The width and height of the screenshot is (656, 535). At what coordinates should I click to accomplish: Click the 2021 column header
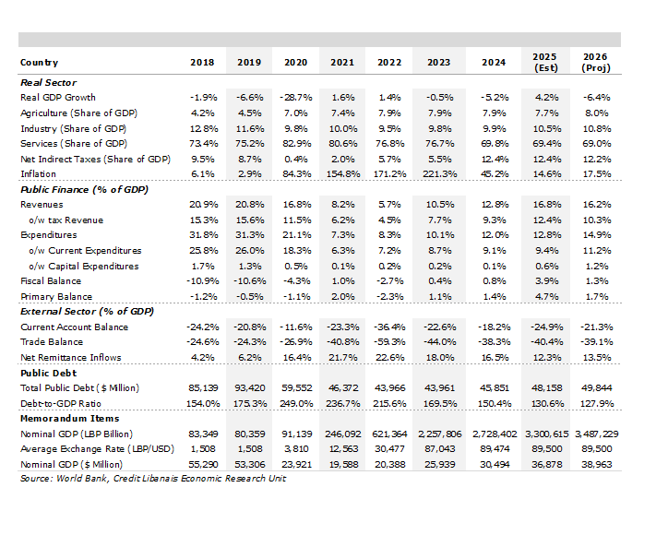(x=342, y=63)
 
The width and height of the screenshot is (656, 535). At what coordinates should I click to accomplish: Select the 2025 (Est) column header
(x=545, y=63)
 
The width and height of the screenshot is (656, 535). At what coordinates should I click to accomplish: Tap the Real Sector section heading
(x=49, y=82)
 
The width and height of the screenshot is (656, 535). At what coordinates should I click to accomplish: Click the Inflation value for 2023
(x=439, y=174)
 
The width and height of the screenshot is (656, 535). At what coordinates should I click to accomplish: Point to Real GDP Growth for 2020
(x=296, y=98)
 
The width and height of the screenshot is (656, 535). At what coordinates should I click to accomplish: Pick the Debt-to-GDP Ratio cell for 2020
(x=296, y=404)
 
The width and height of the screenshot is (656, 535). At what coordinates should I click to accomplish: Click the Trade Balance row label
(x=52, y=341)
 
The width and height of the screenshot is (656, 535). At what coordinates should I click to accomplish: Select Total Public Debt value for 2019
(x=249, y=388)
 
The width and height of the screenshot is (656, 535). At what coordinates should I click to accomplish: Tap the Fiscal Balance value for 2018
(x=202, y=281)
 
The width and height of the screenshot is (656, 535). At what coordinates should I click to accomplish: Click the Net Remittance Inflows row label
(x=71, y=358)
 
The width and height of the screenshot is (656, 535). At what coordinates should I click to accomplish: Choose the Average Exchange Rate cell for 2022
(x=389, y=449)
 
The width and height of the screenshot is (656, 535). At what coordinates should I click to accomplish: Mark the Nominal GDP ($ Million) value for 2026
(x=597, y=464)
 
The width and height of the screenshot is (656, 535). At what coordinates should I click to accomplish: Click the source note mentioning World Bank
(x=153, y=479)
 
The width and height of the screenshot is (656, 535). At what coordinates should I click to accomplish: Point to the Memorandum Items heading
(x=70, y=419)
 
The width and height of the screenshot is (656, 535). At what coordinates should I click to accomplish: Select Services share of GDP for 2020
(x=296, y=144)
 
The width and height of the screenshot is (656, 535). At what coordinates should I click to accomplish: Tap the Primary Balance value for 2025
(x=546, y=297)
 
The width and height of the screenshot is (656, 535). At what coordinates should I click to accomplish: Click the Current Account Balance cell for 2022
(x=389, y=327)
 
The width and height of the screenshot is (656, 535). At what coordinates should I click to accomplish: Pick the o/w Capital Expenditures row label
(x=84, y=266)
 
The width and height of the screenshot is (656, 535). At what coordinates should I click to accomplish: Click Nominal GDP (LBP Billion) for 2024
(x=495, y=434)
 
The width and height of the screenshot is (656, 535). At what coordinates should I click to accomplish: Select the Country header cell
(x=40, y=63)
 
